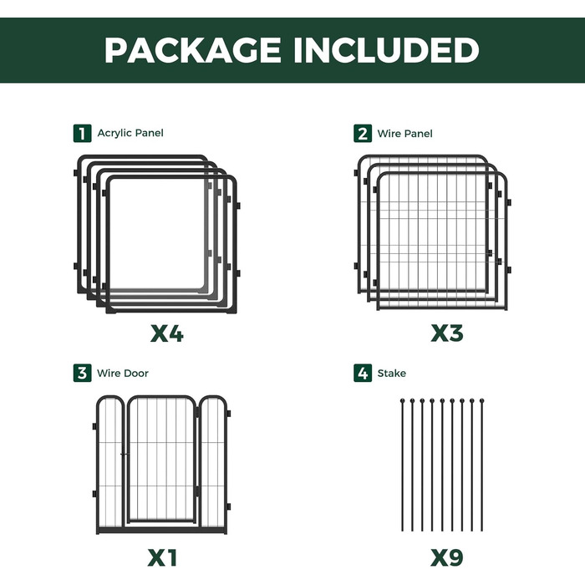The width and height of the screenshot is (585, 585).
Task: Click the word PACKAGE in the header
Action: click(x=192, y=50)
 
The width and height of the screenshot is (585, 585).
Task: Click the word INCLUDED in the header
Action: click(x=386, y=50)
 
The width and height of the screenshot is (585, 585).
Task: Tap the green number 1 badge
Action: click(x=82, y=134)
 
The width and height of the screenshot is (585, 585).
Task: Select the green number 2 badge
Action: click(x=363, y=134)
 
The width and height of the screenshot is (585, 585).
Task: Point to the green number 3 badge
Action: click(x=82, y=373)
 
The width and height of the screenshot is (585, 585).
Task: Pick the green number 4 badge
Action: click(x=363, y=373)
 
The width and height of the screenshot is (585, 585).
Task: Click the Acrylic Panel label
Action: click(x=130, y=133)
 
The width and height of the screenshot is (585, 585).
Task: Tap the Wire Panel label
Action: click(x=404, y=134)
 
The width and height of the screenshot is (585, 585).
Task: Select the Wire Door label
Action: click(x=123, y=373)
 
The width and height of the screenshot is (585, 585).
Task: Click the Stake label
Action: click(x=392, y=373)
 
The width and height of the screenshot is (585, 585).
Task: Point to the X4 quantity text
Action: click(x=167, y=333)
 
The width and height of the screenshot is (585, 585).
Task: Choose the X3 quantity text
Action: click(x=447, y=333)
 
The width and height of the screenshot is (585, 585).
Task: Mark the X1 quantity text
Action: click(x=162, y=558)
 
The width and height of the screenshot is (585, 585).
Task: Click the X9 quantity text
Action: click(x=447, y=558)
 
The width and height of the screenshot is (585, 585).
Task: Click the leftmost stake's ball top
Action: click(x=402, y=400)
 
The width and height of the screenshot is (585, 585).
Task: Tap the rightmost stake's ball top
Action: click(x=481, y=400)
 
